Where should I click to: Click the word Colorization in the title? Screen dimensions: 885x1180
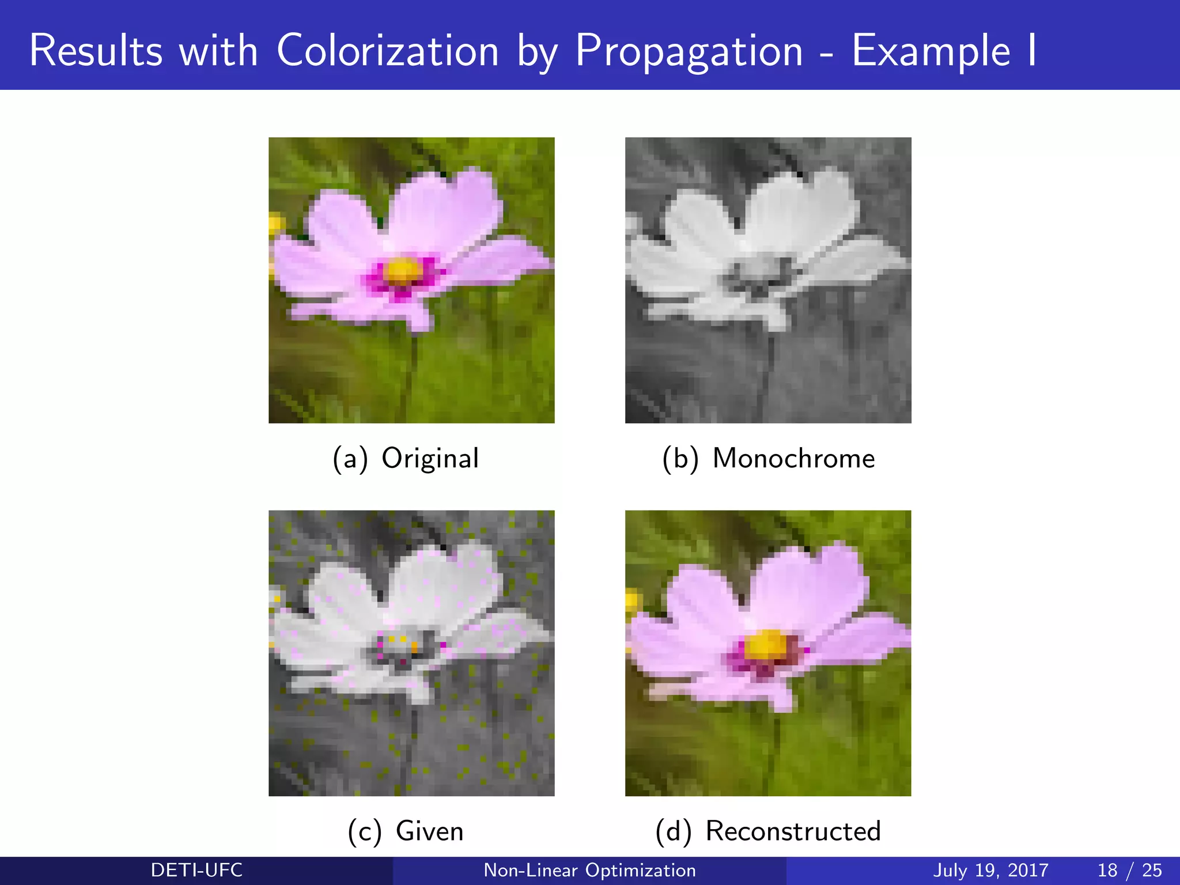[x=387, y=51]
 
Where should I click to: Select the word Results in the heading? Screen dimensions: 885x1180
[x=96, y=51]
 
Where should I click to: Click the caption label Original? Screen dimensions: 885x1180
[x=430, y=459]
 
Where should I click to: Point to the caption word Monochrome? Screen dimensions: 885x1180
[x=793, y=459]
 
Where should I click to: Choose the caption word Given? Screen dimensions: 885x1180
[x=429, y=831]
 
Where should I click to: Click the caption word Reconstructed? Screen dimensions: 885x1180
[x=793, y=831]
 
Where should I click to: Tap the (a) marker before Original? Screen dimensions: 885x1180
[x=350, y=459]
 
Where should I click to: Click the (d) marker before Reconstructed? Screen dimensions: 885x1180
[x=673, y=832]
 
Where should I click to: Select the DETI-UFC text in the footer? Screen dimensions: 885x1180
[x=196, y=870]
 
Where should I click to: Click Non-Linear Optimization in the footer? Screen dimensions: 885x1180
[x=589, y=870]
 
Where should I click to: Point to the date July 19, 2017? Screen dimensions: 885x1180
[x=990, y=870]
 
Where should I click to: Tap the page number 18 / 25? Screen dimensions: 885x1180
[x=1129, y=870]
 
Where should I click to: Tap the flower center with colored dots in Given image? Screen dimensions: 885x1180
[x=403, y=645]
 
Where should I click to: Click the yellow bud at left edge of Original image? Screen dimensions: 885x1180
[x=276, y=224]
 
